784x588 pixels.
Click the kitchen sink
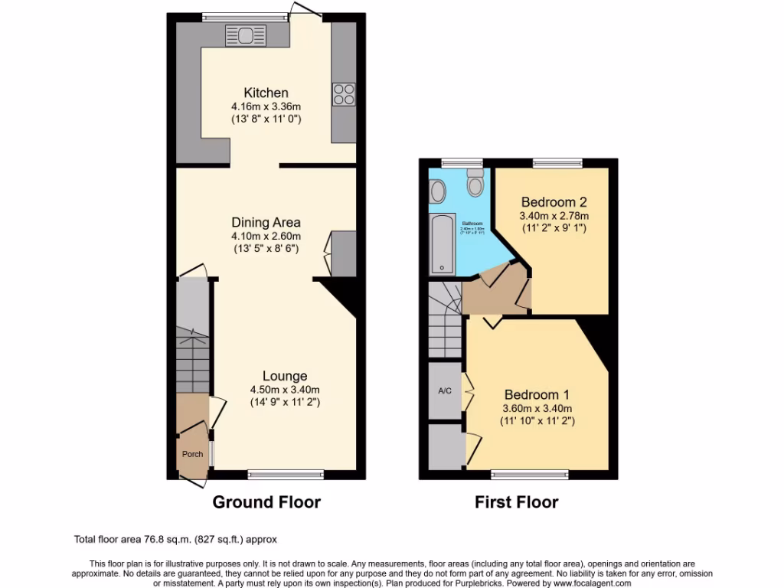coord(246,35)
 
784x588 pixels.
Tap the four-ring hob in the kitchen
coord(344,93)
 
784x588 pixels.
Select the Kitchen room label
coord(266,93)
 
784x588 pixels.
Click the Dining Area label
coord(266,223)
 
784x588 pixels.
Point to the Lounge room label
coord(285,376)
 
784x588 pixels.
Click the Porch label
coord(192,454)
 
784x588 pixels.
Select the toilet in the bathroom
coord(475,185)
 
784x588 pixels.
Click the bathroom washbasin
coord(438,191)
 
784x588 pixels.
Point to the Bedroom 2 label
coord(554,203)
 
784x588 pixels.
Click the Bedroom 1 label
coord(536,395)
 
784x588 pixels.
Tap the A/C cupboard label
coord(444,391)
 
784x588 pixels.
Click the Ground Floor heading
coord(266,502)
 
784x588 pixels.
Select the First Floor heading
coord(516,502)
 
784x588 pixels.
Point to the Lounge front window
coord(286,475)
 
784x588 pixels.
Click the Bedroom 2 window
coord(557,162)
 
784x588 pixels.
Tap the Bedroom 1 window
coord(530,475)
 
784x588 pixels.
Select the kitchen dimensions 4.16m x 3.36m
coord(266,106)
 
